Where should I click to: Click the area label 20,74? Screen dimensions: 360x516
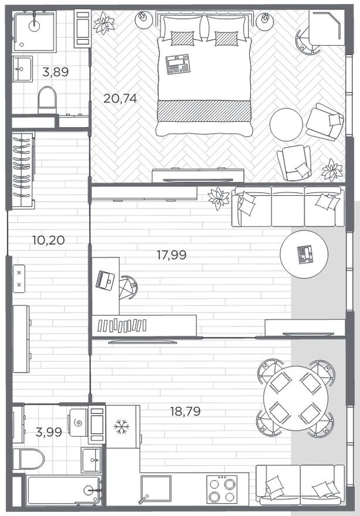coord(120,98)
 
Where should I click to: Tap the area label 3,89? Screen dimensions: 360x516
coord(56,72)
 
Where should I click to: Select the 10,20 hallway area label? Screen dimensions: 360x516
coord(49,240)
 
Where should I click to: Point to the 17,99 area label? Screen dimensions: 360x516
coord(171,254)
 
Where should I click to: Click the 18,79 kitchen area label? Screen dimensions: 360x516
coord(185,412)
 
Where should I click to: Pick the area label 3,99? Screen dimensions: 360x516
coord(49,432)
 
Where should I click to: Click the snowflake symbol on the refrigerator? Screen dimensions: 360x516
coord(121,427)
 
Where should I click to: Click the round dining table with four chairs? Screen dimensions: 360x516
coord(296,398)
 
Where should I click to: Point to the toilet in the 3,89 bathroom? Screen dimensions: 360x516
coord(47,100)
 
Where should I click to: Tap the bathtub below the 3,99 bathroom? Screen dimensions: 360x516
coord(64,490)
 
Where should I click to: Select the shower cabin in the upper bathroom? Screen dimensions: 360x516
coord(34,30)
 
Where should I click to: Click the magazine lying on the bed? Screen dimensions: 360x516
coord(178,64)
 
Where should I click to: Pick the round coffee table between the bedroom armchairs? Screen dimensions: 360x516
coord(286,125)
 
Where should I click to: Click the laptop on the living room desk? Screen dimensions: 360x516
coord(106,281)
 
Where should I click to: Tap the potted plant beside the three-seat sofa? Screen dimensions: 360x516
coord(219,198)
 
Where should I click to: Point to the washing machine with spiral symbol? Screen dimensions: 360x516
coord(79,423)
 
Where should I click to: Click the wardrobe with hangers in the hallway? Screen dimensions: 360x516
coord(23,170)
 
